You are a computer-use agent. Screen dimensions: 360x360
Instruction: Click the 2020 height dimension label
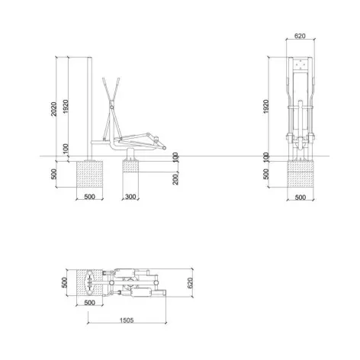(53, 109)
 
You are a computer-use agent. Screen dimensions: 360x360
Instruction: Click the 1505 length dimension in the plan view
(127, 320)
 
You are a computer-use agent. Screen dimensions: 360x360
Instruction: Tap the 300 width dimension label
(130, 197)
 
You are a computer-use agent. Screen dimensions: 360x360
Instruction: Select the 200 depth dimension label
(175, 178)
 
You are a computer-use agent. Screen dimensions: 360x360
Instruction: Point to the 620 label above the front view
(300, 36)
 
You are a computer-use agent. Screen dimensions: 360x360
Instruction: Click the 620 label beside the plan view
(190, 283)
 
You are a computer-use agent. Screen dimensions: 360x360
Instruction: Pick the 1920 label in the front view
(266, 107)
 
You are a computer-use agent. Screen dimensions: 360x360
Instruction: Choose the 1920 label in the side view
(66, 107)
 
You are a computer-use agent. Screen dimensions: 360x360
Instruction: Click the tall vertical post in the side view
(89, 109)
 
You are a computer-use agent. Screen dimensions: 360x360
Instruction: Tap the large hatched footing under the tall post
(89, 174)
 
